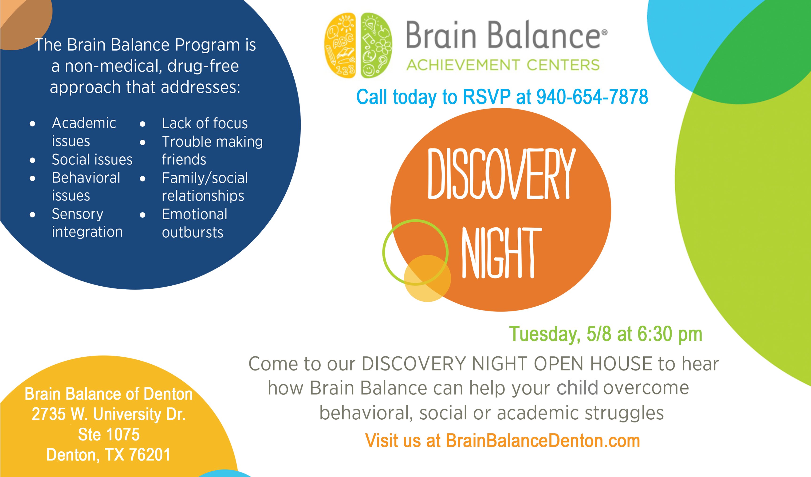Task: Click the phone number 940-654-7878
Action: (x=592, y=97)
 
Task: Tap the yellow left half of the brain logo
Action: (x=340, y=46)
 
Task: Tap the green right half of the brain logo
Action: (x=376, y=46)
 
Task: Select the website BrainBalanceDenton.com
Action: (x=543, y=440)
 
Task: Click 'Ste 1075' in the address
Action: (x=109, y=434)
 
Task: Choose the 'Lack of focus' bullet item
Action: (x=205, y=123)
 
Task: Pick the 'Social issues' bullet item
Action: (x=92, y=159)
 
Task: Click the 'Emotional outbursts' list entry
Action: (x=194, y=223)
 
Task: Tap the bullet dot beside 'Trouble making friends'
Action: (x=142, y=142)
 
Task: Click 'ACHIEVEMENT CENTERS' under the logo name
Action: (x=503, y=65)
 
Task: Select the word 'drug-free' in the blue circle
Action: (x=203, y=66)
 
